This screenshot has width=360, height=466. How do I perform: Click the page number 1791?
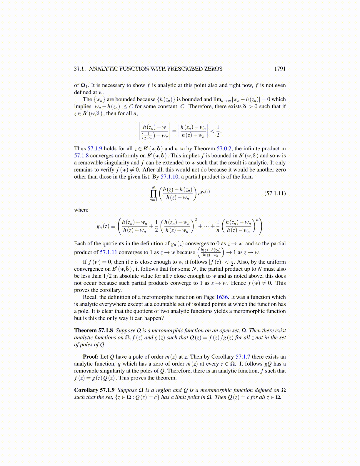[x=279, y=69]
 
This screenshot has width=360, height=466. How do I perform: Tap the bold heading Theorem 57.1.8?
[x=93, y=330]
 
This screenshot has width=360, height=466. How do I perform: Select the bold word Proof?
[x=91, y=357]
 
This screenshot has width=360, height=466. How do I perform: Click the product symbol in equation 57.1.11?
[x=153, y=194]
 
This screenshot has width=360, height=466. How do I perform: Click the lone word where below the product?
[x=81, y=210]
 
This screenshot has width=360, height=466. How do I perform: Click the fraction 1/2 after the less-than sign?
[x=218, y=131]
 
